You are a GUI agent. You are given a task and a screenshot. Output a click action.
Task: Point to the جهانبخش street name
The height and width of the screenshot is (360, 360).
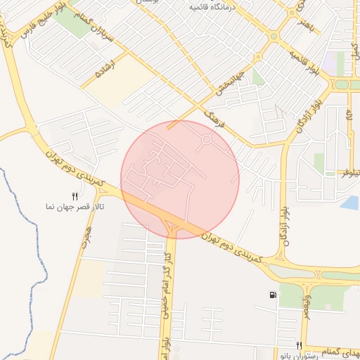[x=231, y=84]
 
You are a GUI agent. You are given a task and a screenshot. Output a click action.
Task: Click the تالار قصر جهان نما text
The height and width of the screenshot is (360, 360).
[x=71, y=208]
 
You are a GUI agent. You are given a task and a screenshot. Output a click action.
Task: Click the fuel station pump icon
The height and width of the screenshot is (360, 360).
[x=272, y=295]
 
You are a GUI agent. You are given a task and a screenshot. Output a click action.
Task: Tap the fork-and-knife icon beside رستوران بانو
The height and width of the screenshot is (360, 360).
[x=300, y=345]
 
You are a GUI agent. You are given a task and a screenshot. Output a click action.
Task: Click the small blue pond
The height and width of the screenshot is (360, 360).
[x=349, y=203]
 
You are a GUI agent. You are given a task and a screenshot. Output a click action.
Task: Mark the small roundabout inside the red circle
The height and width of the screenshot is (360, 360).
[x=207, y=140]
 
